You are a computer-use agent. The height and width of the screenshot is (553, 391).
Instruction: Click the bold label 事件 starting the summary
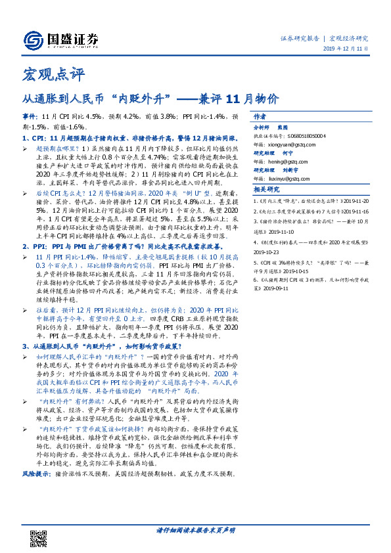point(32,116)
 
